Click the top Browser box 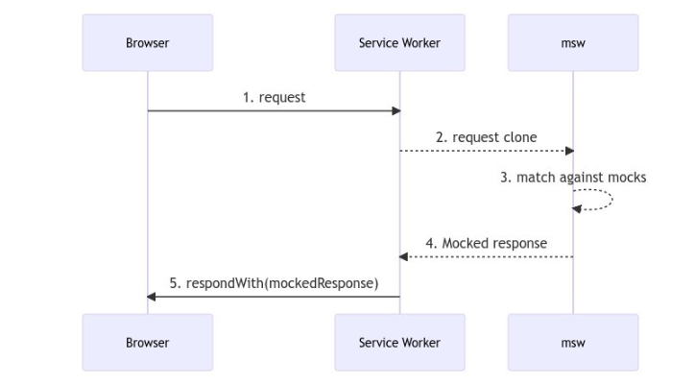(147, 43)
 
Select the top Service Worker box (399, 43)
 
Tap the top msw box (573, 43)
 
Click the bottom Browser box (147, 343)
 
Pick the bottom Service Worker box (399, 343)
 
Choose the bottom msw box (573, 343)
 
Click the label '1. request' (274, 98)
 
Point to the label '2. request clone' (486, 137)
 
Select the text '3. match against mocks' (573, 178)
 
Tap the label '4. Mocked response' (486, 243)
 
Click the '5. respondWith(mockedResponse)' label (274, 283)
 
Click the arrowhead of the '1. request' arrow (395, 111)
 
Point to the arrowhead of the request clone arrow (568, 151)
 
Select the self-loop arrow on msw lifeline (603, 200)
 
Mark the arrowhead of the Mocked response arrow (404, 256)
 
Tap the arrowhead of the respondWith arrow (152, 297)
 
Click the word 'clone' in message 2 (519, 137)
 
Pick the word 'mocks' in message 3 (627, 178)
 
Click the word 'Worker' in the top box (420, 43)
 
